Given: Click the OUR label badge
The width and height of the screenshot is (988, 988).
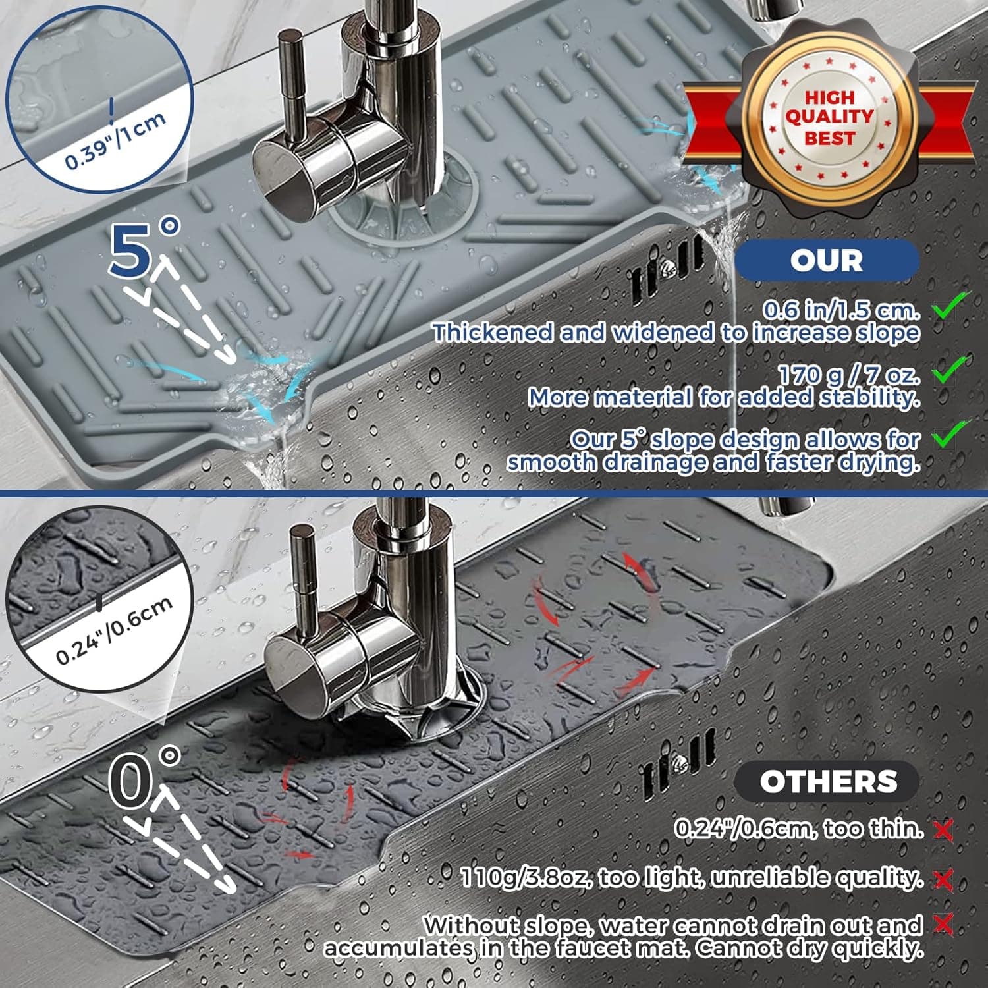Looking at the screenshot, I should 827,260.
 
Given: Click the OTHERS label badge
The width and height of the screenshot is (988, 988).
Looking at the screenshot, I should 827,782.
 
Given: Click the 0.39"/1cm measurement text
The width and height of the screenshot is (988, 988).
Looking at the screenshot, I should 115,142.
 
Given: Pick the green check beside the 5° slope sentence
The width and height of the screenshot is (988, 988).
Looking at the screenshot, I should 949,435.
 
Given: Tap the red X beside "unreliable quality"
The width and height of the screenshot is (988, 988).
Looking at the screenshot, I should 943,879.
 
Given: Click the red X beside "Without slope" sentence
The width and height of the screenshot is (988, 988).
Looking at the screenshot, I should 943,925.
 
